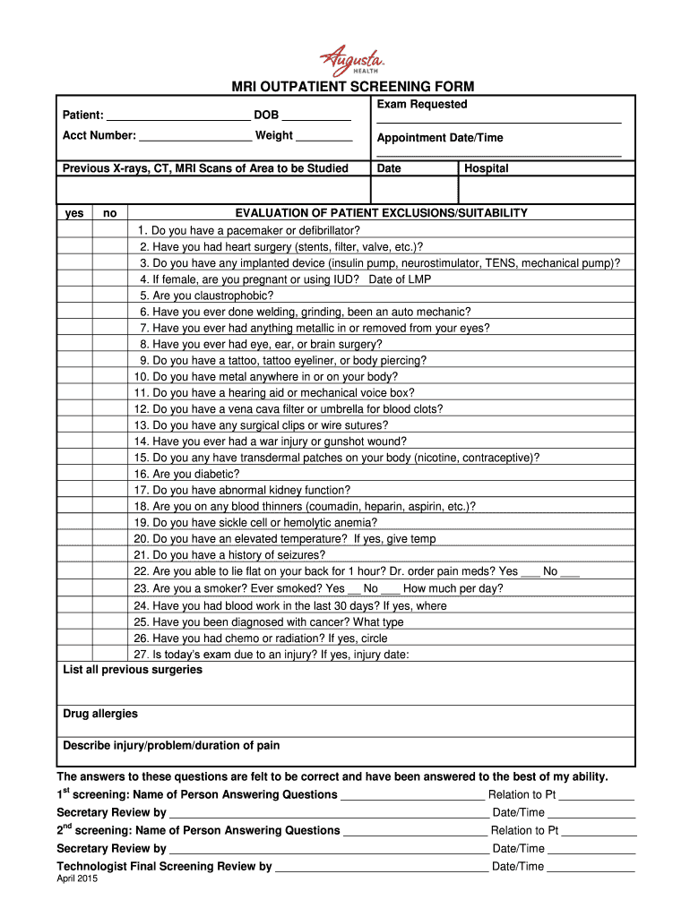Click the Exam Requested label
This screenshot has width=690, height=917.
click(x=422, y=105)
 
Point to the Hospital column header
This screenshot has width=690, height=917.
click(x=487, y=168)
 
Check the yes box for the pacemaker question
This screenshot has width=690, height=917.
click(x=75, y=230)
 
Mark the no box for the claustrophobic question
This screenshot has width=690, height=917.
click(x=110, y=296)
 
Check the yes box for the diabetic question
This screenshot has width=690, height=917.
click(x=75, y=474)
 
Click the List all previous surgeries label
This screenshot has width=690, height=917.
click(x=133, y=670)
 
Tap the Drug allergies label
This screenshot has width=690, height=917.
click(x=100, y=714)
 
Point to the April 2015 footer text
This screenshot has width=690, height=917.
click(x=77, y=879)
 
